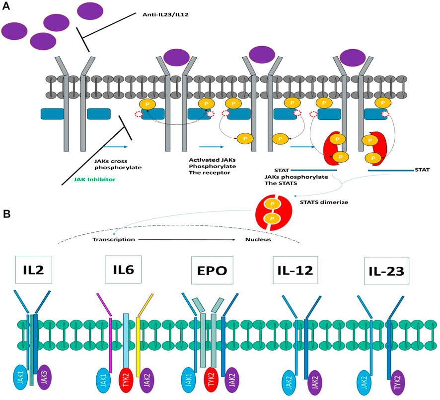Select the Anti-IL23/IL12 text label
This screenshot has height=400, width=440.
(x=165, y=15)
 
